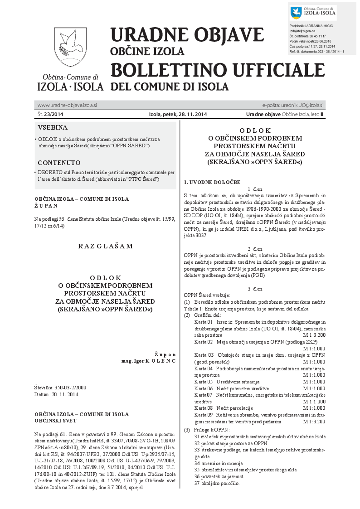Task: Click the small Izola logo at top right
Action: tap(312, 14)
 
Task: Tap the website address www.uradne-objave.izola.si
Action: tap(67, 105)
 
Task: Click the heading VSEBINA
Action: tap(53, 127)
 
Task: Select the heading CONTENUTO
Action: tap(59, 162)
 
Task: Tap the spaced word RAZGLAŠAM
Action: tap(105, 246)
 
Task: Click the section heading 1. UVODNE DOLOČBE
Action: tap(212, 182)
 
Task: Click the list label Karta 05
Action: tap(203, 382)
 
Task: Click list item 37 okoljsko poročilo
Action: tap(216, 483)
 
